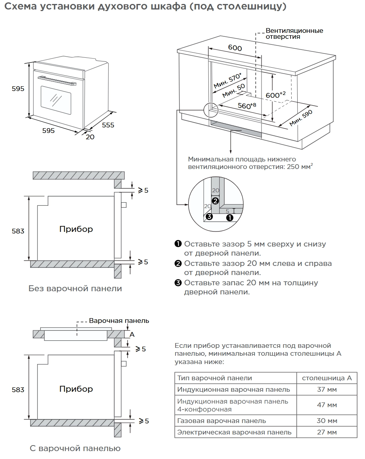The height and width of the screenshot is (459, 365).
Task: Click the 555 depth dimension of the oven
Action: point(108,125)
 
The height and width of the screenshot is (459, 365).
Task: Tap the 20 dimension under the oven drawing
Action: point(90,137)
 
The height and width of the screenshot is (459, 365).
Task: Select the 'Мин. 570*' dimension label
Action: point(227,81)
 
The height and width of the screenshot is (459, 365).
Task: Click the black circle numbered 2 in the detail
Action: point(215,201)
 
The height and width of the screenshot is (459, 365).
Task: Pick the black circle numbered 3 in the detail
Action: point(210,216)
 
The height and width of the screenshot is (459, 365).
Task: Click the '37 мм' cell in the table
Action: point(327,390)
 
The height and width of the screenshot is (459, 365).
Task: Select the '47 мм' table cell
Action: point(327,405)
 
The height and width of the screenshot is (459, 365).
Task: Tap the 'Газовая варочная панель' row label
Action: point(222,421)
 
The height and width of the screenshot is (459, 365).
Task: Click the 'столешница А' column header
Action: point(327,378)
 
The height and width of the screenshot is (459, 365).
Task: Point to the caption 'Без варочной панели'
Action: point(75,289)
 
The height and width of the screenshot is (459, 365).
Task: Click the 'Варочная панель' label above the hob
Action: point(119,321)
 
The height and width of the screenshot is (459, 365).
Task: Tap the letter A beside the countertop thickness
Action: point(132,334)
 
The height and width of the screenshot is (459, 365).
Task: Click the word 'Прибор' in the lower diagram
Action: point(76,389)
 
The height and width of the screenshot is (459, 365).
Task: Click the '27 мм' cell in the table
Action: point(327,432)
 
